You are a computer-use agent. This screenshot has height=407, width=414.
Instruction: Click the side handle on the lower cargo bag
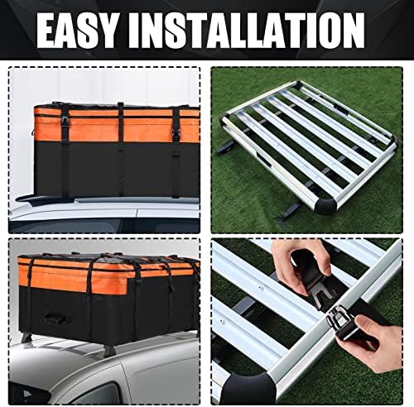[x=56, y=318]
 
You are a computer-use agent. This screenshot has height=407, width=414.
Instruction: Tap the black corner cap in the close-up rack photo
[x=250, y=388]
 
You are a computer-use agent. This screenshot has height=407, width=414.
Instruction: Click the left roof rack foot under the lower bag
[x=26, y=337]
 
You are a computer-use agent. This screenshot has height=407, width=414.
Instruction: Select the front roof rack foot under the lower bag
[x=109, y=351]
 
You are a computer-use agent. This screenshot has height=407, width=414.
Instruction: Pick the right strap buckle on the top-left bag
[x=176, y=134]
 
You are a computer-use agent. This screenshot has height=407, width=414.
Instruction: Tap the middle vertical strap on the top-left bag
[x=121, y=149]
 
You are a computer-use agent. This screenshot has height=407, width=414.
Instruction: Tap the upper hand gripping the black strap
[x=300, y=265]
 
